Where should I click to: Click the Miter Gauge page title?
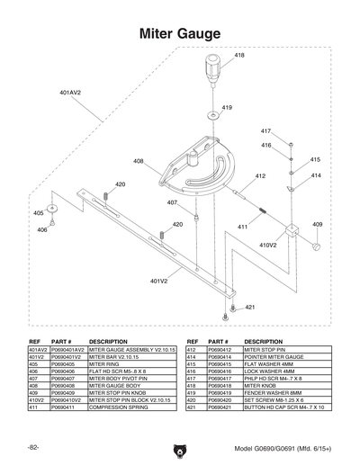tap(180, 34)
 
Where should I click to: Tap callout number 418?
tap(239, 56)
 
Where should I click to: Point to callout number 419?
tap(227, 108)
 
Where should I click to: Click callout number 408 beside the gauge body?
tap(138, 162)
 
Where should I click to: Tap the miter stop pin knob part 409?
tap(316, 245)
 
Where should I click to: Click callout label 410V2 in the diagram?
tap(268, 245)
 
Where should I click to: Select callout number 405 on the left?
tap(38, 213)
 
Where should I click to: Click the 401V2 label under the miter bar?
tap(159, 282)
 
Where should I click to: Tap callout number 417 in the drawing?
tap(265, 132)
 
